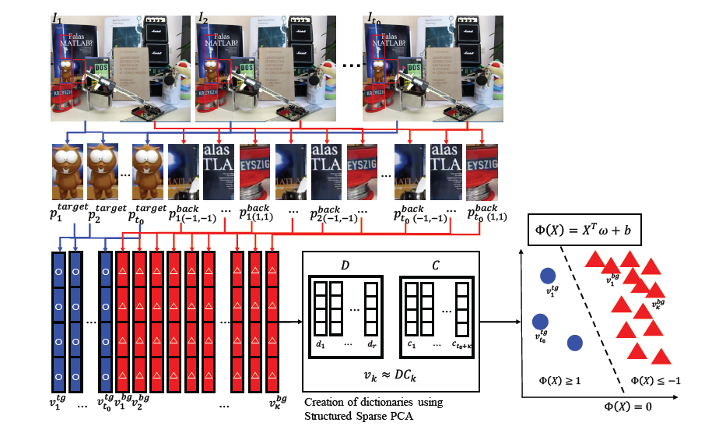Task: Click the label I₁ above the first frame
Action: [x=58, y=16]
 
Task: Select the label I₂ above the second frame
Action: [x=203, y=16]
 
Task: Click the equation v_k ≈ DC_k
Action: [x=392, y=377]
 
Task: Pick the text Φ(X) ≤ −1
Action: [x=649, y=380]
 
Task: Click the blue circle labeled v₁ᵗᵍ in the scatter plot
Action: [x=547, y=274]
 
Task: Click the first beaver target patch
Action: [x=67, y=171]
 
